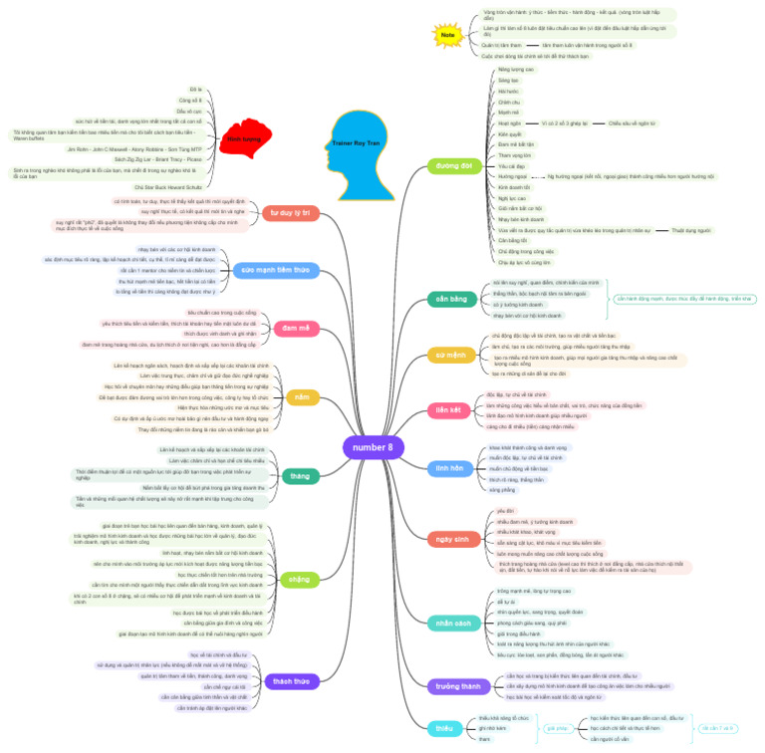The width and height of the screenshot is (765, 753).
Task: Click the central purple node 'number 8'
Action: pyautogui.click(x=374, y=447)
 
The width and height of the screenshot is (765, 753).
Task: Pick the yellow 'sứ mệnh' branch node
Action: pyautogui.click(x=451, y=353)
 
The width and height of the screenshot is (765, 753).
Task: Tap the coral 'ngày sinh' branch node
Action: pyautogui.click(x=451, y=538)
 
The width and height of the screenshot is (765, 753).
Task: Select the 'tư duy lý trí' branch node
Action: pyautogui.click(x=291, y=212)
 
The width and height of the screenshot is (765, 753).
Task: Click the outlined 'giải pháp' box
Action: pyautogui.click(x=556, y=728)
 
